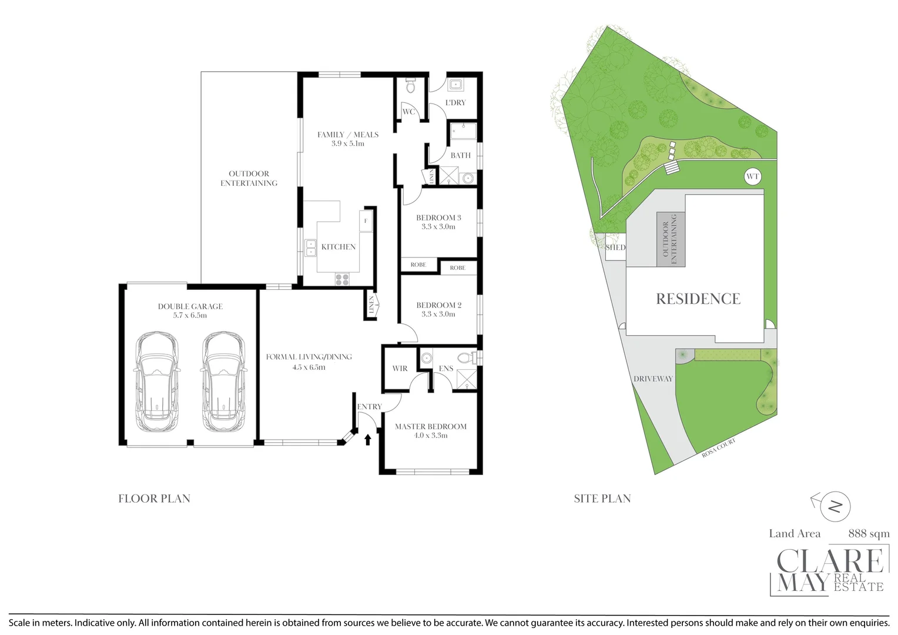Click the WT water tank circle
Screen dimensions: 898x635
coord(752,177)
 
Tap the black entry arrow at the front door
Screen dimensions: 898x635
coord(367,440)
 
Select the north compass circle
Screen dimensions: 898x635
coord(836,507)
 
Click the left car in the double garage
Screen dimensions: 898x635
coord(157,382)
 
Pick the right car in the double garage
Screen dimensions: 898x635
coord(224,382)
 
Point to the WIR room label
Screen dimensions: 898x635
coord(400,368)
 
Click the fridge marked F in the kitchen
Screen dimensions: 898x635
coord(366,220)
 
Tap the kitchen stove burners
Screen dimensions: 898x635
coord(342,279)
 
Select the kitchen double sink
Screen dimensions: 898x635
coord(310,248)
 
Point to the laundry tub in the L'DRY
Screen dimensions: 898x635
coord(455,85)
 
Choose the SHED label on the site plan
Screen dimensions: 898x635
coord(615,248)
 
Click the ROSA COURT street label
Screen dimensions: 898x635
coord(718,448)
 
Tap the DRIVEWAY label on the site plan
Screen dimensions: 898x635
coord(653,379)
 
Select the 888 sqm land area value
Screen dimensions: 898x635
coord(869,533)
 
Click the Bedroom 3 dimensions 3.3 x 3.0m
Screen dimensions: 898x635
coord(438,226)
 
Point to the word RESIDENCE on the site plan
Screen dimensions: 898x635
coord(698,299)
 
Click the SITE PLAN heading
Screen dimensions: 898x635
coord(602,499)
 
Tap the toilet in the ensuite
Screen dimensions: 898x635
coord(467,357)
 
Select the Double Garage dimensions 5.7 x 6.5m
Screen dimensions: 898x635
coord(190,315)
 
